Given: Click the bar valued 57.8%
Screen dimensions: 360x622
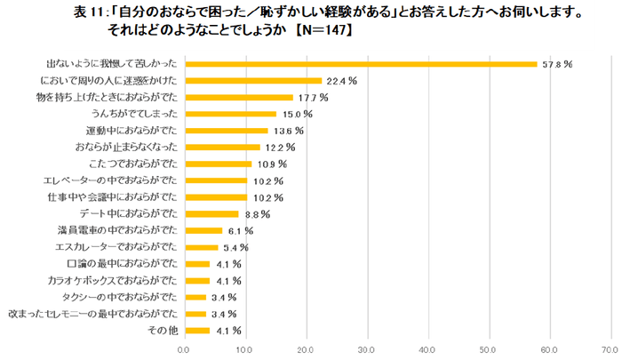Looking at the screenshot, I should [360, 64].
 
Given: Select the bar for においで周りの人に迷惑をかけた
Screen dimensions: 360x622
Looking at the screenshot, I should [252, 81].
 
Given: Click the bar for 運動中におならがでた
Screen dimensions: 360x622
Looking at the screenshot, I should [226, 131].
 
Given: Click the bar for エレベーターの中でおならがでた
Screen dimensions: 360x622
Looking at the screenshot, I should [215, 180].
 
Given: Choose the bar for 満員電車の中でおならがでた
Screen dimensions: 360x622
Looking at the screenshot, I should [203, 231].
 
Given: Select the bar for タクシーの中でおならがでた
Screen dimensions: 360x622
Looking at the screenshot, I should [195, 298].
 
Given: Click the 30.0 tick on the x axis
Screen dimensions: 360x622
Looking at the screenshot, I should [368, 348].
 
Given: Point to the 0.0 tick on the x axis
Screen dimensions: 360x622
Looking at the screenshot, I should [184, 348].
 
